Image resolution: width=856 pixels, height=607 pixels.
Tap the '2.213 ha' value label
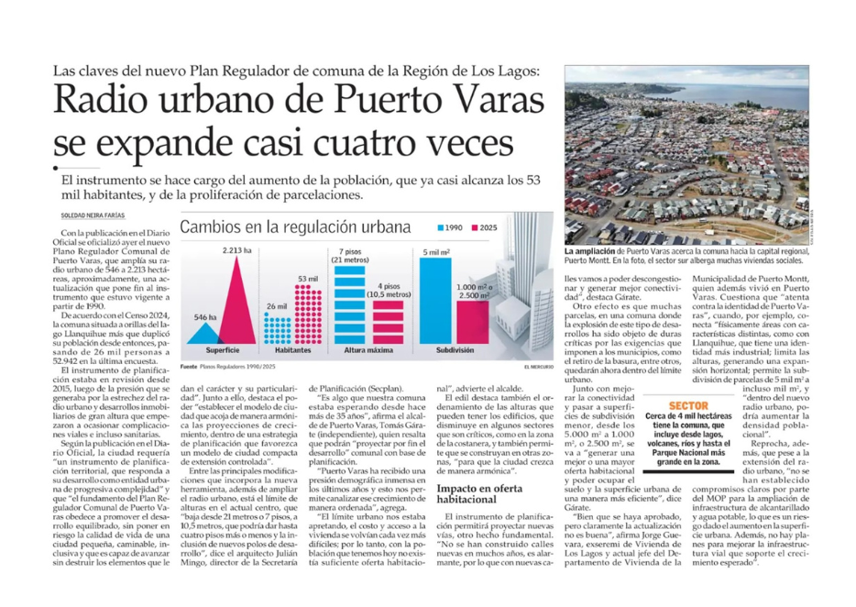click(236, 250)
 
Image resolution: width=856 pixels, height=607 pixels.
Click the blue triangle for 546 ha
click(204, 331)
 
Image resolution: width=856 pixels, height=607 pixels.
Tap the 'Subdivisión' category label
click(447, 351)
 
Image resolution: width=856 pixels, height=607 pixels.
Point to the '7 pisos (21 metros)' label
click(350, 256)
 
